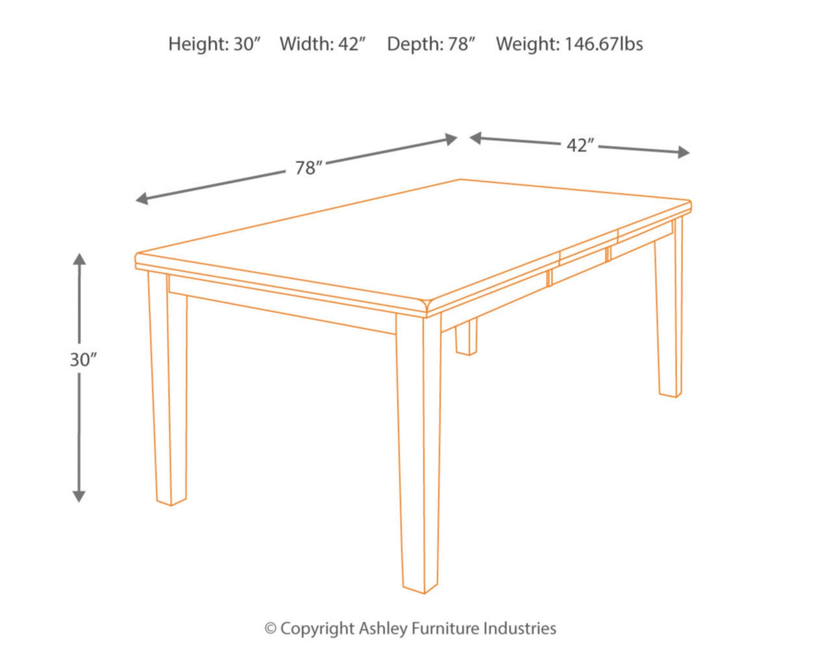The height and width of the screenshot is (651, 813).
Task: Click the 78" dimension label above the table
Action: [x=309, y=168]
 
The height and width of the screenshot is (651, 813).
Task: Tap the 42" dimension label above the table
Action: [x=580, y=145]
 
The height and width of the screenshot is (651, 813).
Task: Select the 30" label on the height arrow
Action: [x=83, y=359]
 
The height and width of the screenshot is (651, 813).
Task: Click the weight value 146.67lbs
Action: [x=603, y=44]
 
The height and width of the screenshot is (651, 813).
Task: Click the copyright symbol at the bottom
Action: [x=271, y=629]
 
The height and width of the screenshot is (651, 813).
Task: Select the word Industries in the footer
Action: [x=521, y=628]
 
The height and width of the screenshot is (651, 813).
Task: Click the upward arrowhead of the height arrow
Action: [x=79, y=259]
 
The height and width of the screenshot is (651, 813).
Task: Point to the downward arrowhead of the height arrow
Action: [x=79, y=496]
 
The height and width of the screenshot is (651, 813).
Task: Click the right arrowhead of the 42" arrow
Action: [x=684, y=152]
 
